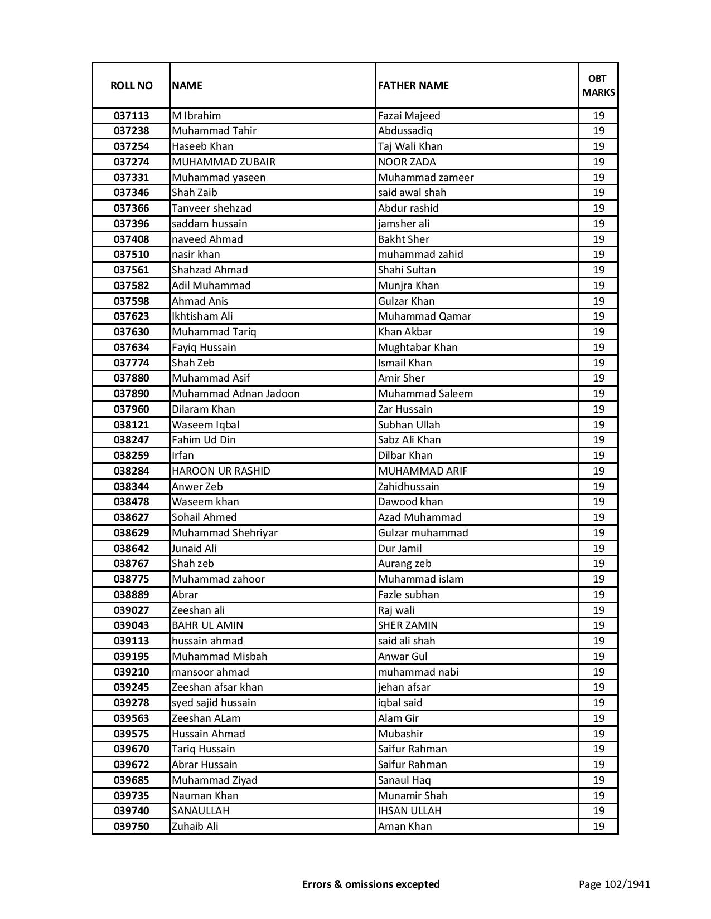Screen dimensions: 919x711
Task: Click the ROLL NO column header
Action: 131,85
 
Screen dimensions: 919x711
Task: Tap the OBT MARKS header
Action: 598,85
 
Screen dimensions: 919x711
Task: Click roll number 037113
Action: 131,116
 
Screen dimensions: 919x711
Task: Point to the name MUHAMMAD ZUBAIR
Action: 224,162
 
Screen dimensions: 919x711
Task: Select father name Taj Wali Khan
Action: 410,146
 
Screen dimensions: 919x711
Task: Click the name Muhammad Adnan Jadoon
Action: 235,394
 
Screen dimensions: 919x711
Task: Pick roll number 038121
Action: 131,425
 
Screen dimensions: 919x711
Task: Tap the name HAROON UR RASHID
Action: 221,471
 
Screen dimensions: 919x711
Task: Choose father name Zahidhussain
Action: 408,487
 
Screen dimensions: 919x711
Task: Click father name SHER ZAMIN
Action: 408,625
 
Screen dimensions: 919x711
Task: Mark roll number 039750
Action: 131,827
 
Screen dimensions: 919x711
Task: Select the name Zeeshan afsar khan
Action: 217,687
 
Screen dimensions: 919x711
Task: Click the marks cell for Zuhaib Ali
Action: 598,827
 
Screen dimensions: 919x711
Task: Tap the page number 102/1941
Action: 614,884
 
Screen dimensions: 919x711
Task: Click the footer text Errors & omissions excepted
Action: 371,884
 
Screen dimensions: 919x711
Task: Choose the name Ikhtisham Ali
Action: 202,316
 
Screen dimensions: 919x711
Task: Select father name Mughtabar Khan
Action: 417,348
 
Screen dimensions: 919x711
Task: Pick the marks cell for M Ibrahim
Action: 598,116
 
